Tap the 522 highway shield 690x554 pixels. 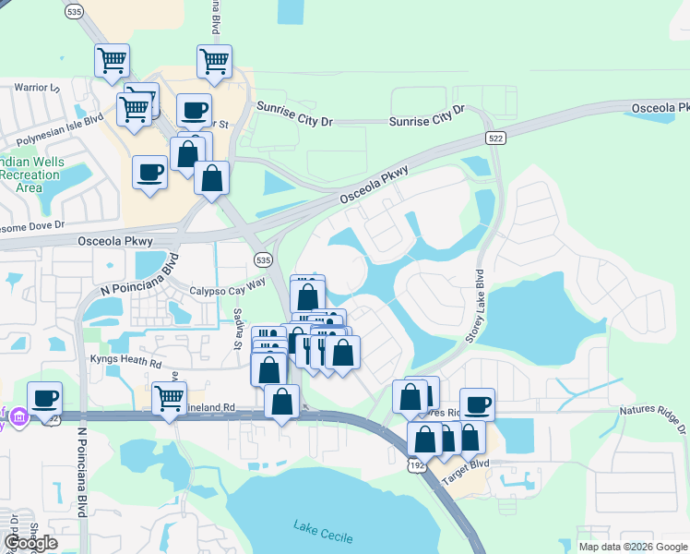coord(495,138)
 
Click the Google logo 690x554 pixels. coord(30,543)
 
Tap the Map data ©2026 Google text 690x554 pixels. coord(632,547)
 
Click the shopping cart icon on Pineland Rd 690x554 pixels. coord(169,398)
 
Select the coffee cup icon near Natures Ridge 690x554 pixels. coord(477,403)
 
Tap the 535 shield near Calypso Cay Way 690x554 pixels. coord(263,259)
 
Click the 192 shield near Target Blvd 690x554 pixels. coord(416,465)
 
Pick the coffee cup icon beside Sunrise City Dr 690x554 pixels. coord(194,110)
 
